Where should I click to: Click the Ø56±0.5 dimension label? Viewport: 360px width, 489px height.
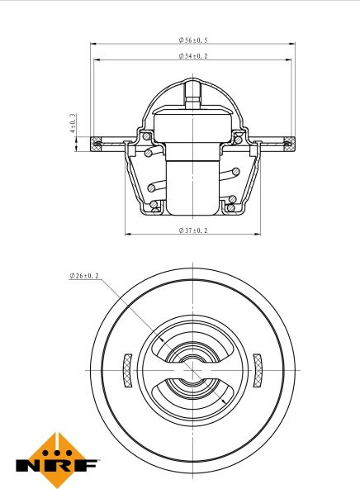(x=193, y=40)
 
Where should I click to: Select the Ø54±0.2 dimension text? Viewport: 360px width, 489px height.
(x=193, y=56)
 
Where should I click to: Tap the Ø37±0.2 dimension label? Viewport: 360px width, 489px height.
(x=193, y=230)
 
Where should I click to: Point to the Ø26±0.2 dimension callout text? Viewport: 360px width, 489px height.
(x=84, y=276)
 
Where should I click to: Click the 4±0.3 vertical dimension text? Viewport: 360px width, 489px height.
(x=73, y=124)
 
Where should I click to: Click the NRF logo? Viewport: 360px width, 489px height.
(x=57, y=460)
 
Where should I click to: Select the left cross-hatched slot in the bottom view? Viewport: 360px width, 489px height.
(x=128, y=371)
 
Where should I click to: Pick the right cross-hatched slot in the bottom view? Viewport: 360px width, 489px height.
(x=257, y=371)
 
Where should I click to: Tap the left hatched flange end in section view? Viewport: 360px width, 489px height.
(x=96, y=145)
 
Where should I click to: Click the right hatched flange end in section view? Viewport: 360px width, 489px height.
(x=290, y=145)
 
